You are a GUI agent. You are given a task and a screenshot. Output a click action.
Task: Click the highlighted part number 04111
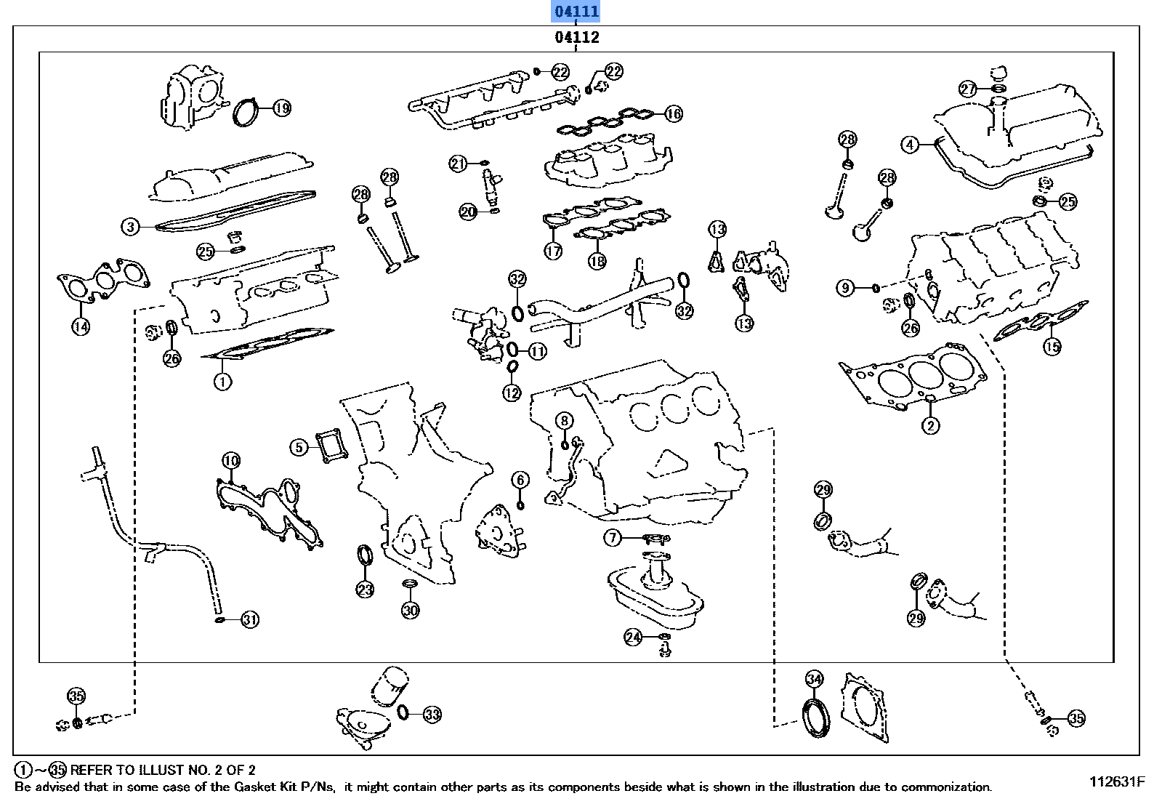[576, 12]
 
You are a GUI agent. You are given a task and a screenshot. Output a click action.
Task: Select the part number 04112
[576, 37]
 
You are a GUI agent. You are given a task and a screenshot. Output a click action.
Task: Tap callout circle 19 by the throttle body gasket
[281, 108]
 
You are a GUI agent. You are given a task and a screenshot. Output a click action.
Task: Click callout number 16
[674, 113]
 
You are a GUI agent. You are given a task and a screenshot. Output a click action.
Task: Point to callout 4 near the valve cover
[911, 145]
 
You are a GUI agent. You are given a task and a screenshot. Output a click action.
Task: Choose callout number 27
[968, 89]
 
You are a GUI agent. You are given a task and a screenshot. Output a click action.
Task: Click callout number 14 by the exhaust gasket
[81, 326]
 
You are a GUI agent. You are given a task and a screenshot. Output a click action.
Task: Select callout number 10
[231, 460]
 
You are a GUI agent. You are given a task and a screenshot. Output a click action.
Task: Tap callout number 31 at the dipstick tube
[249, 619]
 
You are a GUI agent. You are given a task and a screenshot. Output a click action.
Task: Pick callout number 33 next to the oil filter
[432, 715]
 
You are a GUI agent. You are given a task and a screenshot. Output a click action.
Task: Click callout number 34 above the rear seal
[814, 679]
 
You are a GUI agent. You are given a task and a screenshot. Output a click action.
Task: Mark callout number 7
[613, 538]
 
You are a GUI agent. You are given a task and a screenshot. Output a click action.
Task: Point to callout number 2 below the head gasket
[930, 426]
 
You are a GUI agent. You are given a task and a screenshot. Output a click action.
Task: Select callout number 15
[1052, 347]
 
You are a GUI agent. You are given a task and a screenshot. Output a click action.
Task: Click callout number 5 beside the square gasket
[299, 447]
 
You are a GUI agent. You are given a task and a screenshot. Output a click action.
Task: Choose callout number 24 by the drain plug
[634, 638]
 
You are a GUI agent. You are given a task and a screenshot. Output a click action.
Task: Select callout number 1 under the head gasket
[222, 380]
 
